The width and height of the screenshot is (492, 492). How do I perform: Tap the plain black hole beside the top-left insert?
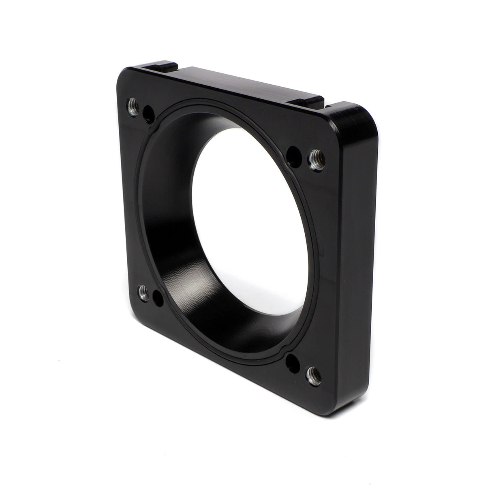[148, 113]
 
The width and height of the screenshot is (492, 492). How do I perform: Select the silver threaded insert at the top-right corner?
[316, 158]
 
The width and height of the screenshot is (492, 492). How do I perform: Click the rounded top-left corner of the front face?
[122, 79]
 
